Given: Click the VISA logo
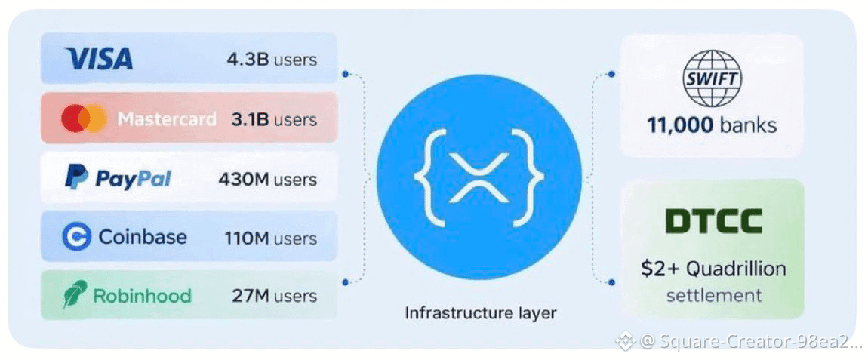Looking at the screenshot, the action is (x=99, y=58).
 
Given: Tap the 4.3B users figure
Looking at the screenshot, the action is (x=272, y=60).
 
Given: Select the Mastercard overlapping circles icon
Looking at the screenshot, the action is (x=84, y=119).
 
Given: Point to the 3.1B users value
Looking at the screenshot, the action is (x=274, y=120).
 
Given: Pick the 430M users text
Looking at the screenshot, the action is (x=268, y=180).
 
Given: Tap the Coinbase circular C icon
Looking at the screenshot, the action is (x=76, y=238).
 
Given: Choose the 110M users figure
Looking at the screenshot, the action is (x=271, y=238).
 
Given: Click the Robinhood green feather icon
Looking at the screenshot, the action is (x=75, y=294).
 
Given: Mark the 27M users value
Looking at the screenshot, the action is (x=275, y=295).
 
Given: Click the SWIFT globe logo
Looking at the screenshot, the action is (x=711, y=78).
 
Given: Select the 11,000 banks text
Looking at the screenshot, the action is (x=712, y=126).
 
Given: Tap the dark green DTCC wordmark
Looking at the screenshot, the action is (x=713, y=221).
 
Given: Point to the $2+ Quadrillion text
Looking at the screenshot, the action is (x=713, y=269).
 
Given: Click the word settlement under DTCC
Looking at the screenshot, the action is (x=713, y=295).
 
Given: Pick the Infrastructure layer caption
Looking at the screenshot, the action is (x=481, y=313).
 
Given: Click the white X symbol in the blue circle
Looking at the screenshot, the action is (x=479, y=178).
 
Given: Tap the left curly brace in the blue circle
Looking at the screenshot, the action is (x=426, y=178).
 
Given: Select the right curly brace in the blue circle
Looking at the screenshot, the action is (x=531, y=178).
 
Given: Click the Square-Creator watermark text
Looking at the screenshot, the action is (x=751, y=342).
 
